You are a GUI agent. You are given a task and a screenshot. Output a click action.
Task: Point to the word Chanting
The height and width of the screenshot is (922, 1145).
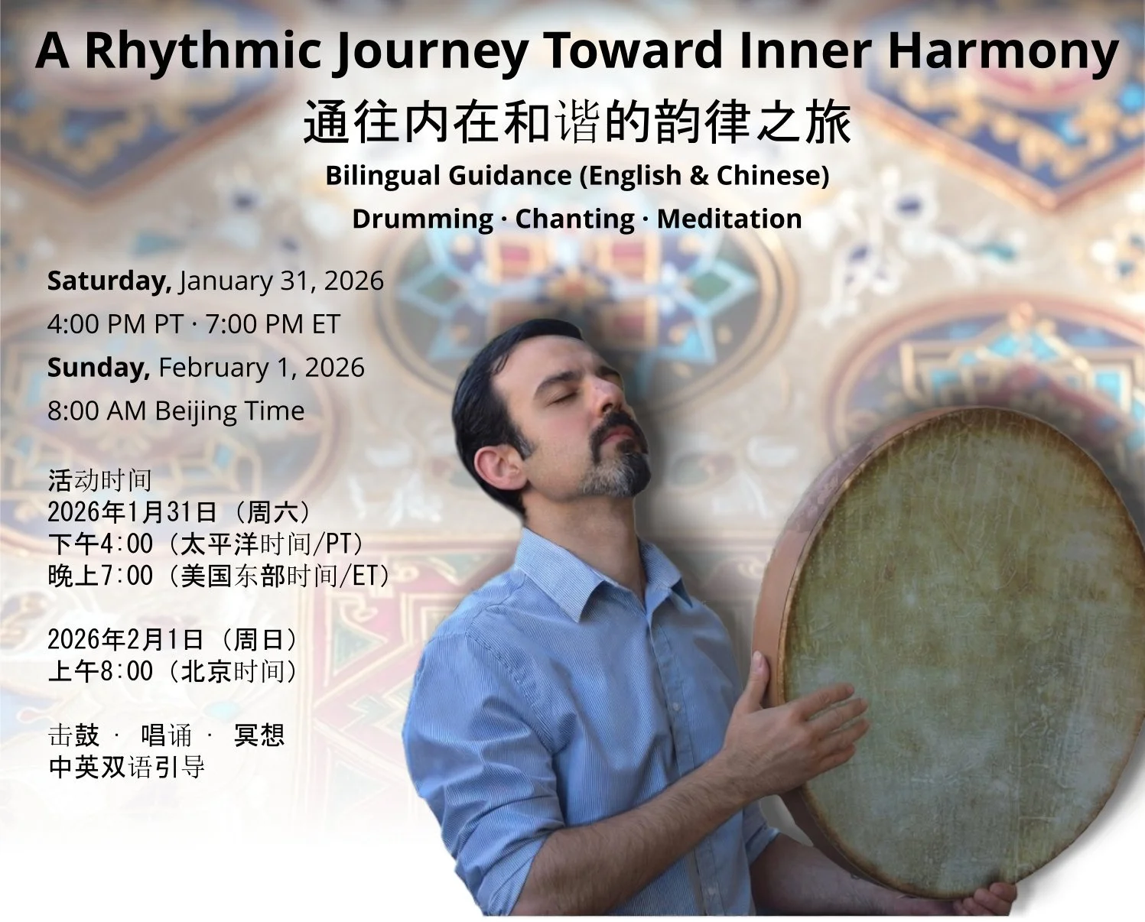click(x=574, y=219)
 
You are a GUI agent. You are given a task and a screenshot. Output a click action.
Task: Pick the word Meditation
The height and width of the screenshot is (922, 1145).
click(x=729, y=219)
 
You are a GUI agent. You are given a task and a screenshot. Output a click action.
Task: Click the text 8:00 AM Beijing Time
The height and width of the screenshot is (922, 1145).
click(x=176, y=411)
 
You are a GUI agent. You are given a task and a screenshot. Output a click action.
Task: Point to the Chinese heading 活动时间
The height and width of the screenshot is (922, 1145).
click(x=99, y=480)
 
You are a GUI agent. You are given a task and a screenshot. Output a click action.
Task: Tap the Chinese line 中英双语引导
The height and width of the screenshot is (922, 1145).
click(x=126, y=767)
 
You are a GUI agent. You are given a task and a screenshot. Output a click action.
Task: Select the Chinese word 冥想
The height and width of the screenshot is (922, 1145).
click(x=259, y=735)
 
